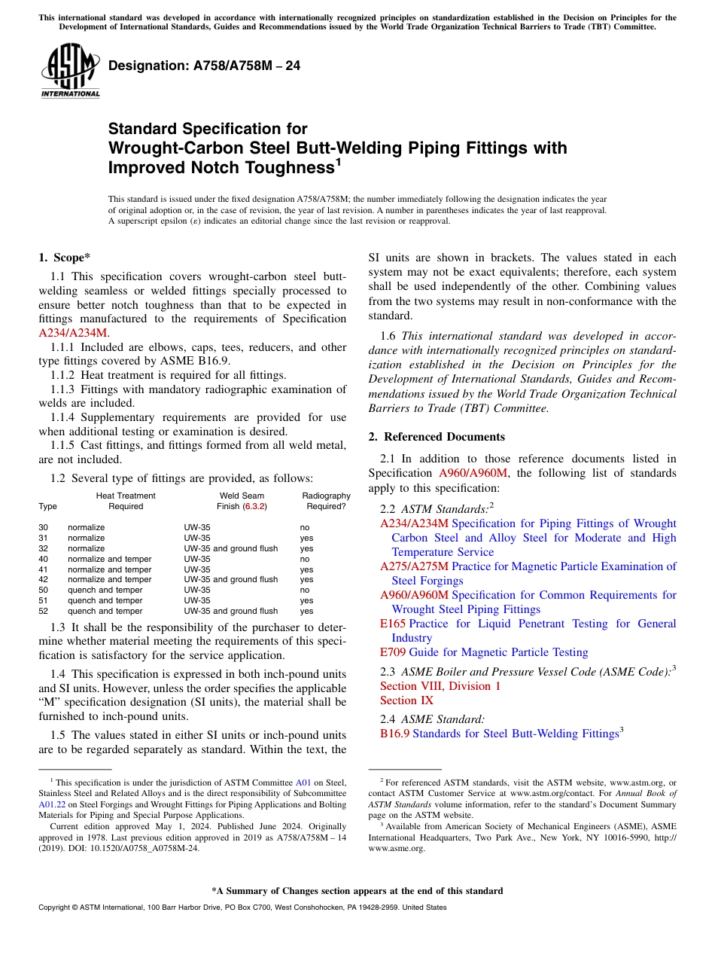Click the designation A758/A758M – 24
204,66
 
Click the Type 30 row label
43,527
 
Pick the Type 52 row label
43,611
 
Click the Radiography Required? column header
326,501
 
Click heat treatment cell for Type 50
105,590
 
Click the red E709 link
393,652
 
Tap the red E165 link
393,624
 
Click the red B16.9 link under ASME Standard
394,734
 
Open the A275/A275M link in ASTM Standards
414,566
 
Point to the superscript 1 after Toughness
338,161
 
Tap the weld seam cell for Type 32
230,548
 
